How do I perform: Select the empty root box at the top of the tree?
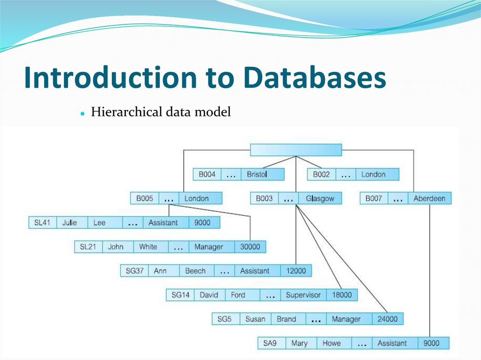click(x=296, y=150)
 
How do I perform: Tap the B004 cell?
click(x=207, y=175)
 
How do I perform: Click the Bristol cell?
click(x=257, y=175)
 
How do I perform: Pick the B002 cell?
click(x=321, y=175)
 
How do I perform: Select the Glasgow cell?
click(x=320, y=199)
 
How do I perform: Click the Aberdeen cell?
click(x=429, y=199)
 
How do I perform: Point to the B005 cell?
click(x=145, y=199)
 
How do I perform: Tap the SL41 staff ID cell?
click(x=42, y=222)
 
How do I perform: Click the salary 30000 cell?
click(x=250, y=247)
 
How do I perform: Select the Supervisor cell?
click(x=303, y=295)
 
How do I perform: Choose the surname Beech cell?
click(x=195, y=271)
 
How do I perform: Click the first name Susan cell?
click(x=255, y=319)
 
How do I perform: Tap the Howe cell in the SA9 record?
click(x=332, y=343)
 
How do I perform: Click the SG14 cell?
click(x=180, y=295)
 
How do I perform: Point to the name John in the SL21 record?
click(x=116, y=247)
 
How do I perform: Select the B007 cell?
click(x=374, y=199)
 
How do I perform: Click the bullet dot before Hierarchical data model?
click(x=82, y=114)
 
